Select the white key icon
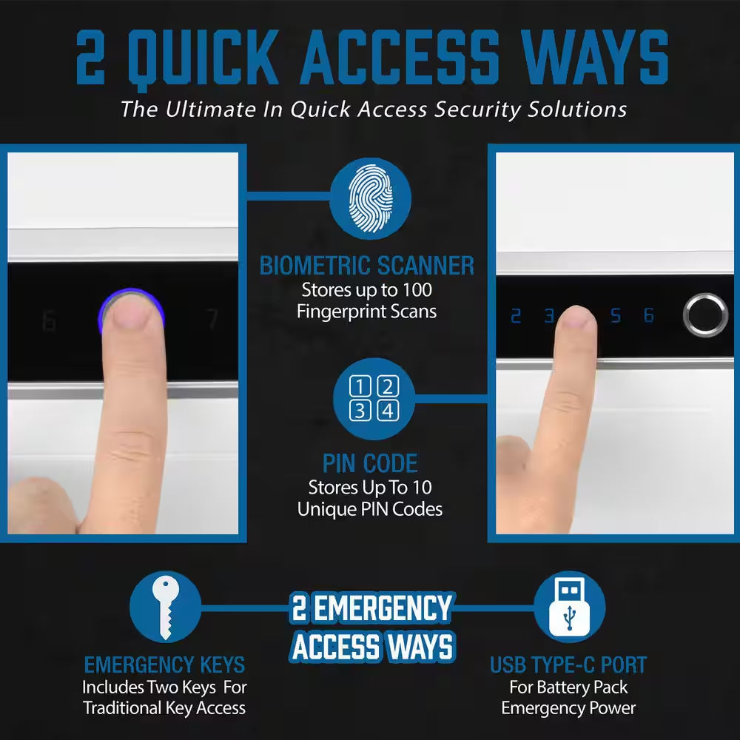coord(164,607)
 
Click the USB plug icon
coord(569,607)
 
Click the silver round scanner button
coord(705,314)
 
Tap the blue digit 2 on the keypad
coord(516,316)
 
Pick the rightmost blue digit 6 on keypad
coord(649,316)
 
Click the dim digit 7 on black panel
coord(212,320)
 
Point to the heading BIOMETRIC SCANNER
coord(367,266)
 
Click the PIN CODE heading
coord(370,464)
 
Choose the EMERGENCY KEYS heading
coord(164,664)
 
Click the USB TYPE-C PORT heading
coord(568,665)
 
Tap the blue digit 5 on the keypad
coord(616,316)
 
